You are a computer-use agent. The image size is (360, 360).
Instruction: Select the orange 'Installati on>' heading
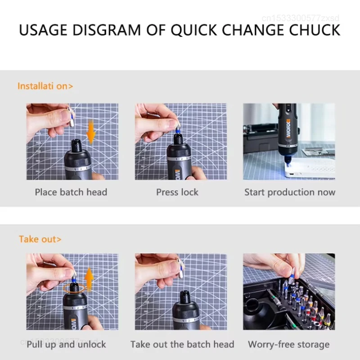45,86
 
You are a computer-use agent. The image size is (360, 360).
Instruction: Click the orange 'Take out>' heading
40,239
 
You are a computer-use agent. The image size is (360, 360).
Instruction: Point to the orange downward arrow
91,132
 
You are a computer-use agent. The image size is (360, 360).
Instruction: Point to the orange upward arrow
89,279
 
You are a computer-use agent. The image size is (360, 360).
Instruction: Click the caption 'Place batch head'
71,192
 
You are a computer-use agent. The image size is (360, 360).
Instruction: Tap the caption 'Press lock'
177,192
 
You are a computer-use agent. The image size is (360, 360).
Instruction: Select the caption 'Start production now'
290,192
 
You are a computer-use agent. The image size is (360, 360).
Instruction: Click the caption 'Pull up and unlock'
66,344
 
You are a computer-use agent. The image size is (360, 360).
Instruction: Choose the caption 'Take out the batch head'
182,344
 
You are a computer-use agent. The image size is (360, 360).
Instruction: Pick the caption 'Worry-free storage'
289,344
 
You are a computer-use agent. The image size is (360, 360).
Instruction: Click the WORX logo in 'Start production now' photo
288,129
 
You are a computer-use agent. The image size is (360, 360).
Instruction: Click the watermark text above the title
301,18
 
